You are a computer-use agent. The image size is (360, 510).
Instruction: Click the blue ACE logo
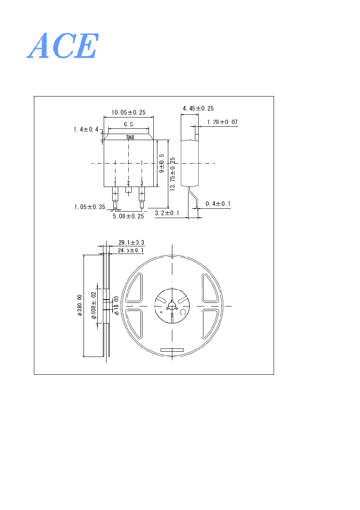click(x=63, y=46)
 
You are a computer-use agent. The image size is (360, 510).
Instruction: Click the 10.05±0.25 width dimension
click(x=128, y=113)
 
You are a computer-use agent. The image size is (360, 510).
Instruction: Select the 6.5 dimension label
click(x=128, y=124)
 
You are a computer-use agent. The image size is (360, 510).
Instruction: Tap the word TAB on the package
click(x=130, y=137)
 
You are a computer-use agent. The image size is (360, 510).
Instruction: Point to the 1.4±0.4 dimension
click(x=86, y=130)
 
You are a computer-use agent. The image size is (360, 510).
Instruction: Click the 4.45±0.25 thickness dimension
click(x=198, y=108)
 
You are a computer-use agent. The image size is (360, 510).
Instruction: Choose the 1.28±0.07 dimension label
click(x=222, y=122)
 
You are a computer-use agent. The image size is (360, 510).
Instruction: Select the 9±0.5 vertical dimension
click(x=161, y=163)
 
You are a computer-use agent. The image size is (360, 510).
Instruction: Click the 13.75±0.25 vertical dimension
click(x=172, y=174)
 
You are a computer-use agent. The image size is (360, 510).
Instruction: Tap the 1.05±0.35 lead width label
click(x=90, y=207)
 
